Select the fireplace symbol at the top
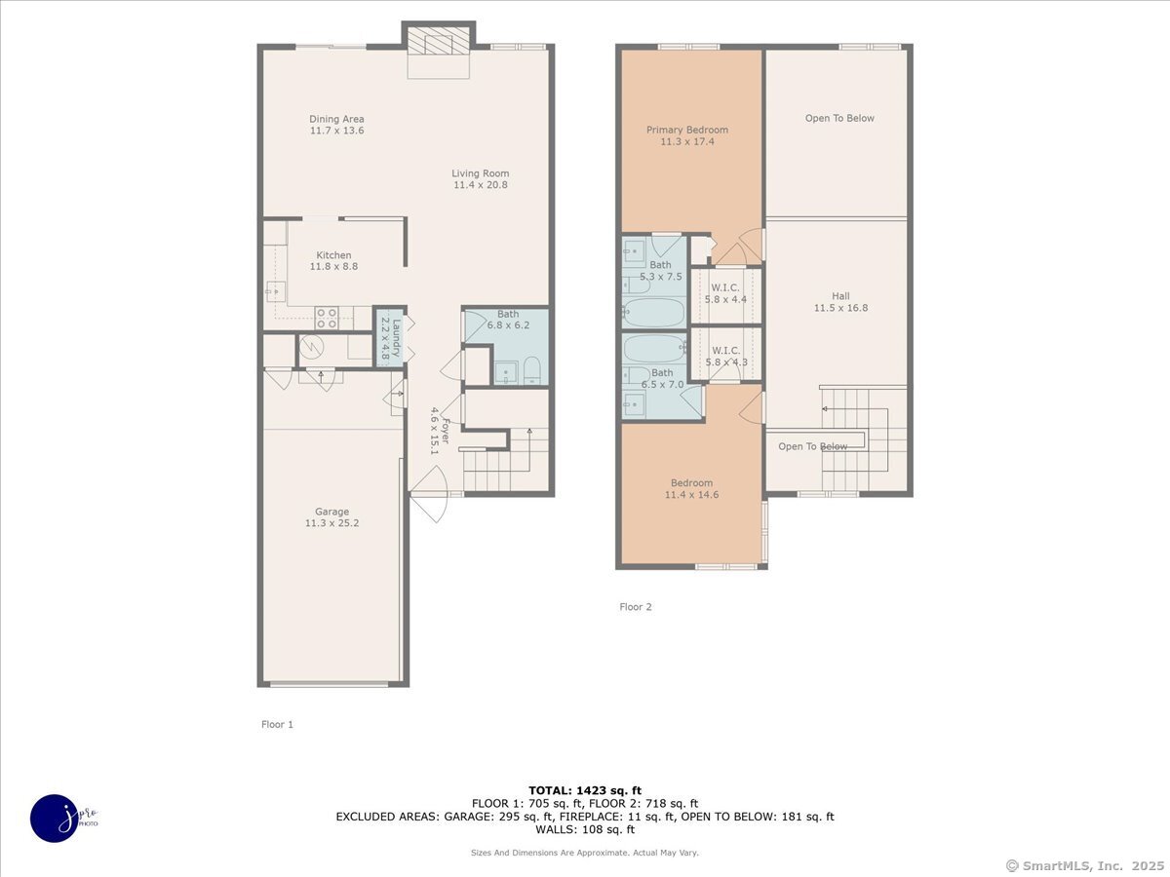click(x=438, y=44)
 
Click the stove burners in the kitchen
click(x=327, y=318)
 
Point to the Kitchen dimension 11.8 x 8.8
click(x=333, y=266)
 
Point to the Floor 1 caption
click(x=277, y=724)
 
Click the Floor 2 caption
click(x=636, y=607)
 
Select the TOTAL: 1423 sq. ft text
click(x=584, y=790)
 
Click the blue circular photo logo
click(x=54, y=818)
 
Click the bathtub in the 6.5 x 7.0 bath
click(x=655, y=350)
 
